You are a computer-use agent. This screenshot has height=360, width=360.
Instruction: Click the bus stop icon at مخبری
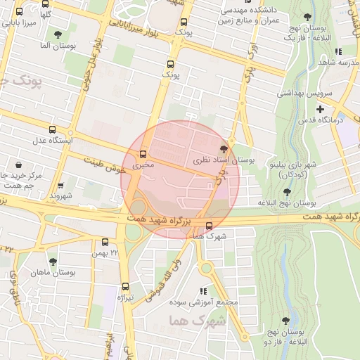(x=144, y=153)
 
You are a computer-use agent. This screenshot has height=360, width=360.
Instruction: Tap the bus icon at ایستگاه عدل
(x=52, y=129)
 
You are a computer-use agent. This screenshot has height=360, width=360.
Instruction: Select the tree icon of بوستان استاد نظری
(x=224, y=148)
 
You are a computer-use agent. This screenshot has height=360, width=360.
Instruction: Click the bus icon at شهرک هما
(x=209, y=226)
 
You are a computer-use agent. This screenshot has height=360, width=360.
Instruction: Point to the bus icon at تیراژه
(x=126, y=286)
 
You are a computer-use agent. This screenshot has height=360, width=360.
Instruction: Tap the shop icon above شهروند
(x=60, y=186)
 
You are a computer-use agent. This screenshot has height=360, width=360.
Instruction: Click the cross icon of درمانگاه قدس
(x=321, y=109)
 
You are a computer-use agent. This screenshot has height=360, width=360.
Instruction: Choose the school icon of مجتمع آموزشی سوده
(x=203, y=291)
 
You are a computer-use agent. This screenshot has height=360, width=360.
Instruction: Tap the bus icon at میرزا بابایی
(x=18, y=12)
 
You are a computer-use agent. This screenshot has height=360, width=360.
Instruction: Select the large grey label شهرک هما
(x=198, y=321)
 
